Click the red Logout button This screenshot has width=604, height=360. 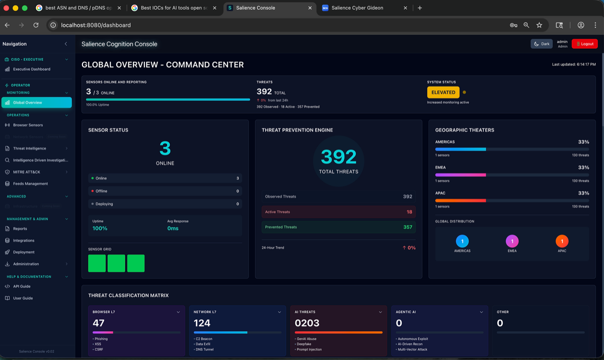click(x=584, y=44)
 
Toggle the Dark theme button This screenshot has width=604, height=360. click(x=542, y=44)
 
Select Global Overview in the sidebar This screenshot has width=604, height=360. click(x=36, y=103)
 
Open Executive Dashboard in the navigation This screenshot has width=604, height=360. click(x=31, y=69)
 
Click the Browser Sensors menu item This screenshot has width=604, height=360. click(x=28, y=125)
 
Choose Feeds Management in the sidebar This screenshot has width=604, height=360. click(x=30, y=184)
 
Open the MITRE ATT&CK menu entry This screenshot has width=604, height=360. click(x=26, y=172)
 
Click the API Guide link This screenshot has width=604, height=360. click(x=22, y=286)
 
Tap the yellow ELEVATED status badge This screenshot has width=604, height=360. click(x=443, y=92)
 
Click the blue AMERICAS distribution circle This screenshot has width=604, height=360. click(x=462, y=241)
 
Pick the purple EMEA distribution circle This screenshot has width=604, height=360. click(x=512, y=241)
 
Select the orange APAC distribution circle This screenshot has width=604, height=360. click(x=562, y=241)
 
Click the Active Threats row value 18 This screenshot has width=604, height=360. click(x=409, y=212)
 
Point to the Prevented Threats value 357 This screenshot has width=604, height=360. click(x=408, y=227)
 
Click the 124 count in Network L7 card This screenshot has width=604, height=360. click(x=202, y=323)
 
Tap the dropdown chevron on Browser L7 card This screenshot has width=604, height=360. click(x=178, y=312)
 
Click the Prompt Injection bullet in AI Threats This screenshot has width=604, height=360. click(x=310, y=349)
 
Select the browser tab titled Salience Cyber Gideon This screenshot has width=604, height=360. click(x=360, y=8)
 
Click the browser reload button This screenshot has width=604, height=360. click(x=36, y=25)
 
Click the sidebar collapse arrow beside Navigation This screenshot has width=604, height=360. click(x=66, y=44)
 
